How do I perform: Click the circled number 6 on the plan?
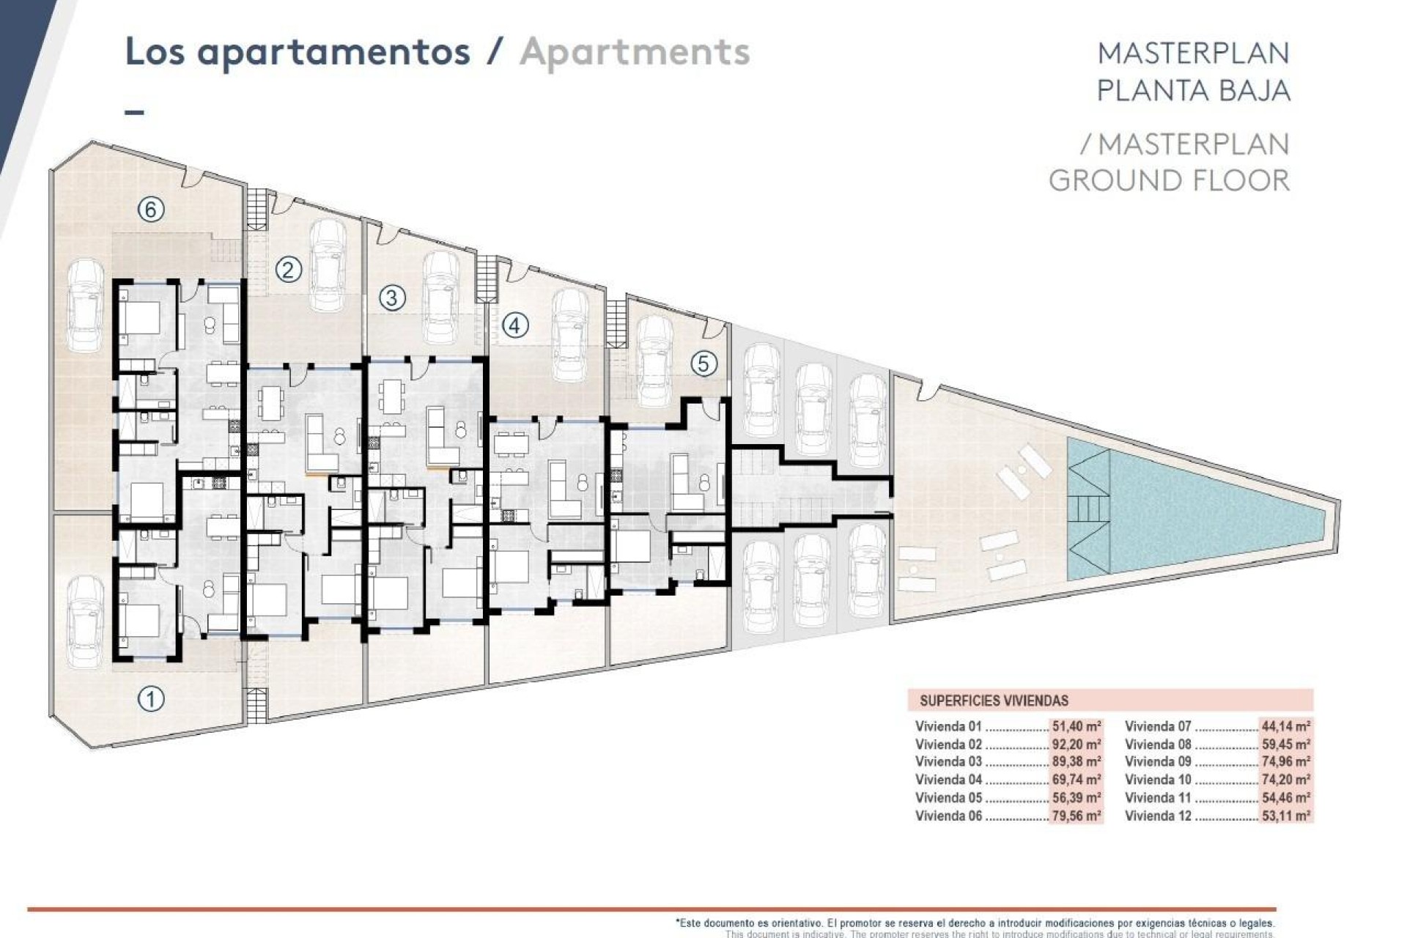pos(150,210)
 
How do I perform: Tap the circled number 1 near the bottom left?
pos(151,698)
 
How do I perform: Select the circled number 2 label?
pos(288,270)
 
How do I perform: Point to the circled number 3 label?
pos(392,298)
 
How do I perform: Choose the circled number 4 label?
pos(514,325)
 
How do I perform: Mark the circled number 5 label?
pos(703,363)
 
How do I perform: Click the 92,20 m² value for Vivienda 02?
pos(1077,745)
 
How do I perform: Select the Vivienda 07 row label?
pos(1158,727)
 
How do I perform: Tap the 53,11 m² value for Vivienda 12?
pos(1286,816)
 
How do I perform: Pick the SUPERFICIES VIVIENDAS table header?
pos(994,701)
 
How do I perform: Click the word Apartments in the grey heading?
pos(635,52)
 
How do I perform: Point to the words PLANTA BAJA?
pos(1193,91)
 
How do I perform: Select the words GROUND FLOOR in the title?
pos(1169,180)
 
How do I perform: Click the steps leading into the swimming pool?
pos(1087,506)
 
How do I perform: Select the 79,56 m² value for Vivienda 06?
pos(1077,816)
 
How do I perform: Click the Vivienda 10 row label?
pos(1158,780)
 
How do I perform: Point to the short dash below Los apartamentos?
pos(135,113)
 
